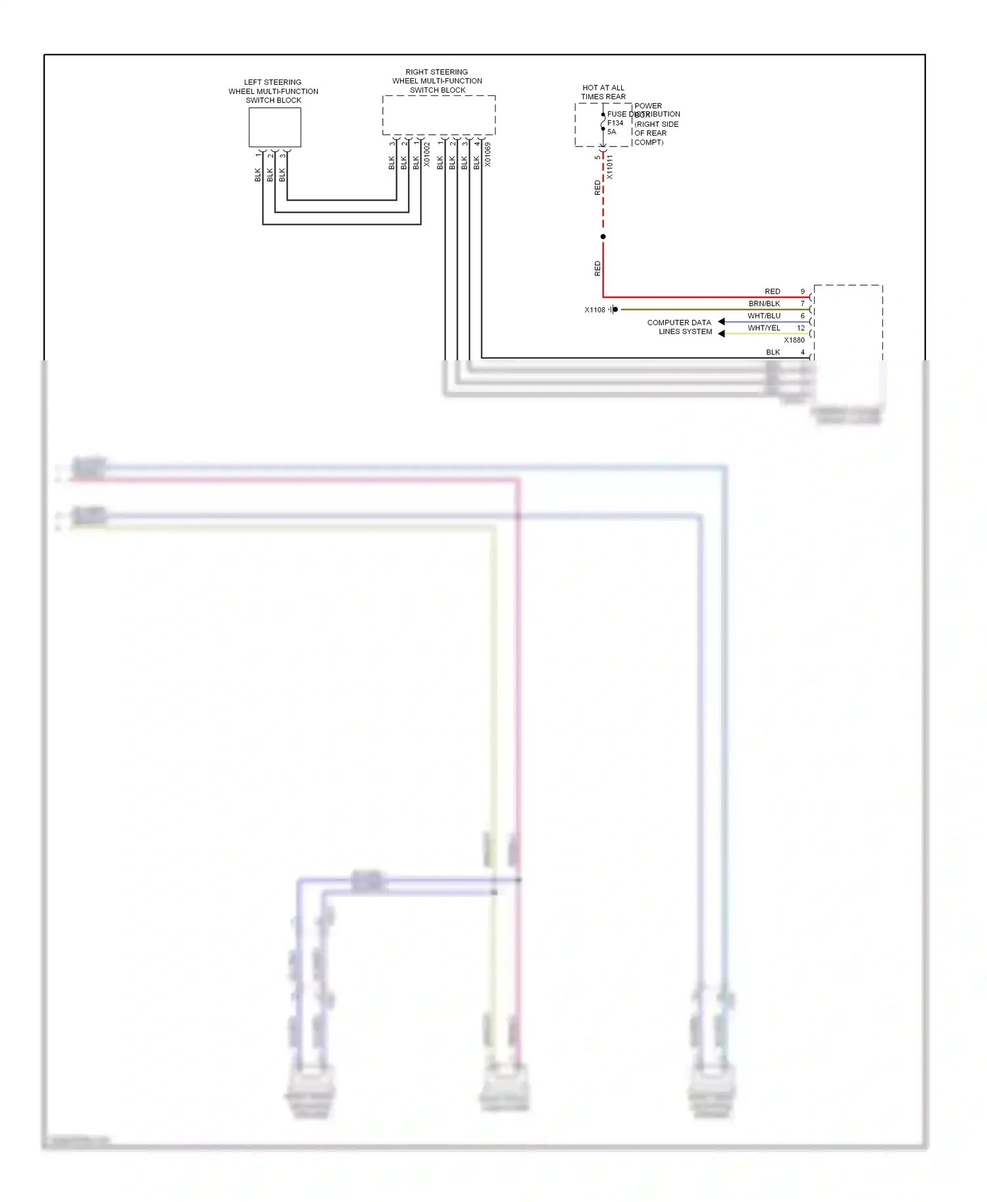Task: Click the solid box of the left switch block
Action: click(x=274, y=127)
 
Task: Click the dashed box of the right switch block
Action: click(x=438, y=115)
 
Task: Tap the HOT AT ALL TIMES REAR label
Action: click(x=603, y=92)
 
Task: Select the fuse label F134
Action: click(x=615, y=123)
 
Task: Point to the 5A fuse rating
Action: click(x=611, y=132)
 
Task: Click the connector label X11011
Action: click(x=610, y=167)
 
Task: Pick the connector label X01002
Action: click(x=427, y=155)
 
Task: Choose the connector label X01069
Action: click(x=488, y=155)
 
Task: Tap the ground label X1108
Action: click(x=594, y=310)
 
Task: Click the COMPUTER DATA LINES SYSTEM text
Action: click(x=680, y=327)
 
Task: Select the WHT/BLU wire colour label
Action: click(x=764, y=316)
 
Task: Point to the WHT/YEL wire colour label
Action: click(x=764, y=327)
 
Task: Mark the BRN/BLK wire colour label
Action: click(x=764, y=304)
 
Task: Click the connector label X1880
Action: click(x=794, y=340)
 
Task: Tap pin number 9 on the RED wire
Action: click(x=802, y=291)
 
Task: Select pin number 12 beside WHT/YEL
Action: click(x=801, y=327)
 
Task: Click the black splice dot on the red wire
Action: click(x=603, y=237)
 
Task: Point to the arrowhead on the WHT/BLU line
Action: click(x=721, y=322)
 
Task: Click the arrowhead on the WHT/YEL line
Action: click(x=721, y=333)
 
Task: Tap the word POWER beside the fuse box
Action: click(x=648, y=106)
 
